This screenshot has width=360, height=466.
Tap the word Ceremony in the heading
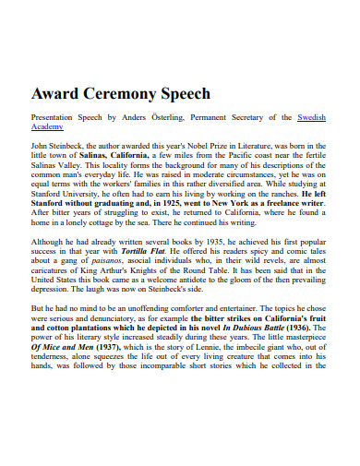126,94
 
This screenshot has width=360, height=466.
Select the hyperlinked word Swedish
312,118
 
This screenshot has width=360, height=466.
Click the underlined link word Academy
47,128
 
